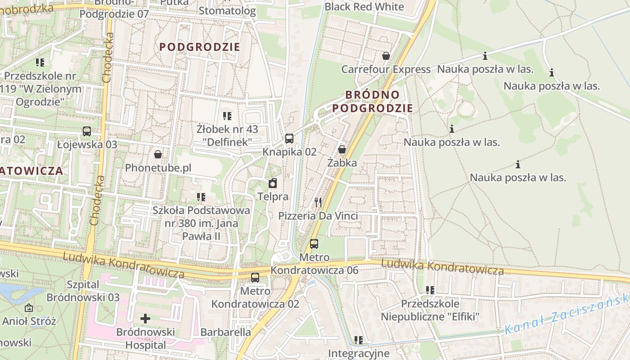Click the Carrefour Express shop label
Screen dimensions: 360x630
click(x=386, y=69)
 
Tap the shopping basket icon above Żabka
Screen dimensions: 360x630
click(x=342, y=149)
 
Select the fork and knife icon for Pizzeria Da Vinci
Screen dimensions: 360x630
click(x=318, y=202)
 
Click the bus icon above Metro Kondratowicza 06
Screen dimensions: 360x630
click(x=314, y=244)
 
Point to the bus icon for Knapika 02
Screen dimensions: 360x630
click(x=289, y=138)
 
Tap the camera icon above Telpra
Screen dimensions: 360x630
click(x=273, y=183)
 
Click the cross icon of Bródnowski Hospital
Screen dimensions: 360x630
click(x=145, y=319)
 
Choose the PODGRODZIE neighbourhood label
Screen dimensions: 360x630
click(x=200, y=47)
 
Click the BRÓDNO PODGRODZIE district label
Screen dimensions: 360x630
click(x=373, y=101)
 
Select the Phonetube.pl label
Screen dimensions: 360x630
click(x=158, y=168)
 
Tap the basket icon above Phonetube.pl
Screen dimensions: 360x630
click(x=158, y=154)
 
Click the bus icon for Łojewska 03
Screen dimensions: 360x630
click(x=87, y=131)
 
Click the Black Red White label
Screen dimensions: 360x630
click(x=364, y=7)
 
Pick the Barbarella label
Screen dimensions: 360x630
click(x=225, y=332)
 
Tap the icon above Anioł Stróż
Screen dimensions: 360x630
click(x=29, y=308)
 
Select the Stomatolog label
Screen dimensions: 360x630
click(x=227, y=11)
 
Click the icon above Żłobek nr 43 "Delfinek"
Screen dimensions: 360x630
click(x=227, y=116)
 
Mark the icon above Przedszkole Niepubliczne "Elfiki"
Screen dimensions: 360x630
click(x=430, y=290)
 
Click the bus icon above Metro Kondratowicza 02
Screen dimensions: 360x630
click(x=255, y=277)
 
